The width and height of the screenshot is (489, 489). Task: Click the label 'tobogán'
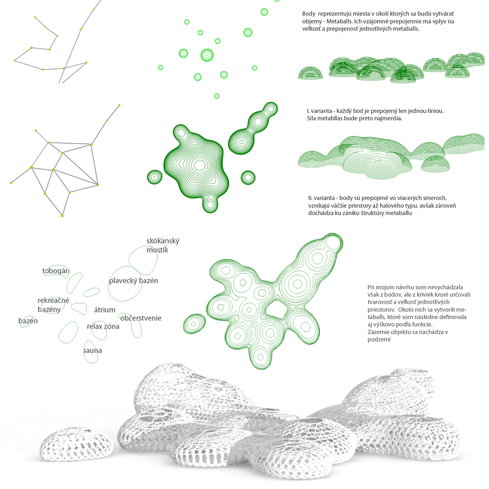[56, 271]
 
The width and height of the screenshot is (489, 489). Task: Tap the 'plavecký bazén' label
[133, 281]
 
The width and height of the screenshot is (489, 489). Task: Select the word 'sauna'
[92, 351]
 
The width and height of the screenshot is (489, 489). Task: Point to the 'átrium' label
[105, 310]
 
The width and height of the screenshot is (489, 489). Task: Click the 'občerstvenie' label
[141, 318]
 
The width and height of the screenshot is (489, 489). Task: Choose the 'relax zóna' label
[103, 327]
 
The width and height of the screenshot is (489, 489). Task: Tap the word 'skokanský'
[163, 241]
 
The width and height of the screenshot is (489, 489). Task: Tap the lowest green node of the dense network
[62, 216]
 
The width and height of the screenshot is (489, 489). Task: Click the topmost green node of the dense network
[119, 106]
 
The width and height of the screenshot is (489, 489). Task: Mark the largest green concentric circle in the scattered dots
[207, 55]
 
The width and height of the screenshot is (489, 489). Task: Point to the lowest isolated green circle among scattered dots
[217, 96]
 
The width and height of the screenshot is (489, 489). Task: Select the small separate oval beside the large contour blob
[194, 324]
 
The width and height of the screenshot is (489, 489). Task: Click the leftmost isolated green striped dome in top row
[311, 73]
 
